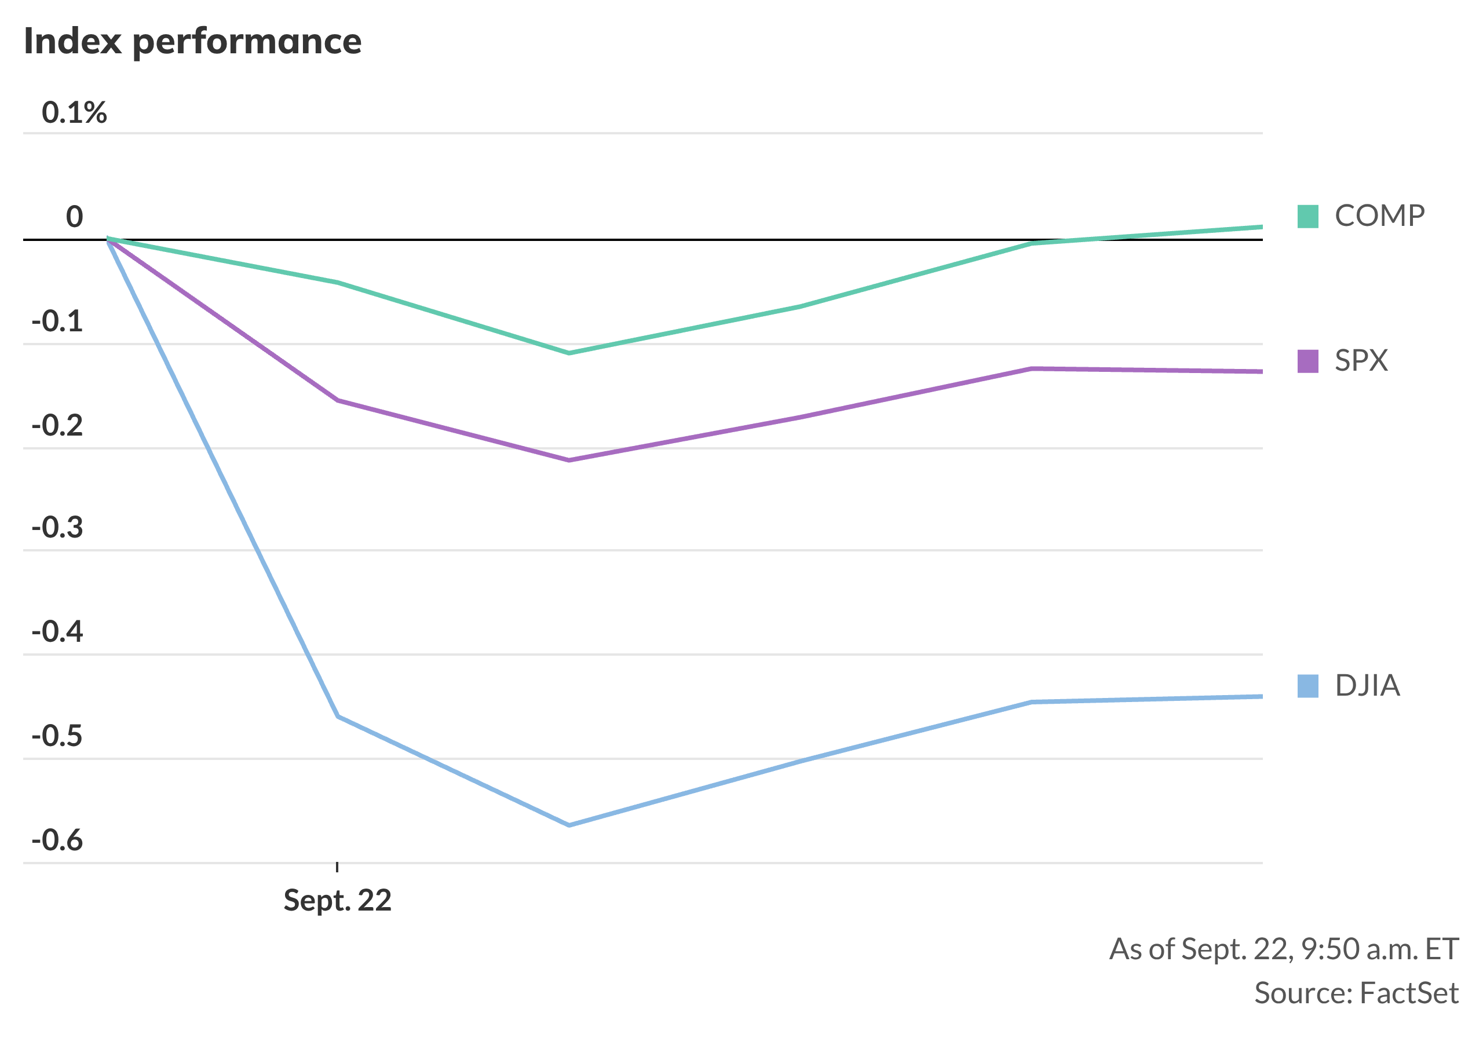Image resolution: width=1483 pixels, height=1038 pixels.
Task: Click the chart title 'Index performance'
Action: coord(192,41)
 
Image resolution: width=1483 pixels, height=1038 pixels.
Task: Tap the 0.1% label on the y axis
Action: coord(74,113)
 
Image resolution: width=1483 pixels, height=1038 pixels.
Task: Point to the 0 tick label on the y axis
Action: coord(74,217)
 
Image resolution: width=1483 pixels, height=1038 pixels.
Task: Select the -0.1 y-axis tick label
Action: coord(57,321)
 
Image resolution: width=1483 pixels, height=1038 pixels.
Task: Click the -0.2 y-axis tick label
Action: coord(57,426)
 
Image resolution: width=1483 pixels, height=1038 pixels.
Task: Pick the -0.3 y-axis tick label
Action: coord(57,528)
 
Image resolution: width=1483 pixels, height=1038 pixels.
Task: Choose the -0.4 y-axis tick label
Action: coord(57,632)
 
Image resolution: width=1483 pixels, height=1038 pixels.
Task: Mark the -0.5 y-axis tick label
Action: coord(57,736)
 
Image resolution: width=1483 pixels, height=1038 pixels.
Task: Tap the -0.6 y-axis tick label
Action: coord(57,840)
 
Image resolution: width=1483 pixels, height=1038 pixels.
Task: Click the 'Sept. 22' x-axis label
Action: coord(337,900)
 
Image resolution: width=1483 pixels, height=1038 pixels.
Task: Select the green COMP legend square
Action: coord(1307,217)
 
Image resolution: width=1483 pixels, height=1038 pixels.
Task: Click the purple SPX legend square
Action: coord(1307,361)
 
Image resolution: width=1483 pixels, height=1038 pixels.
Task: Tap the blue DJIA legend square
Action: coord(1307,686)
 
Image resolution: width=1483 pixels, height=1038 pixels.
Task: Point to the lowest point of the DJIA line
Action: coord(568,825)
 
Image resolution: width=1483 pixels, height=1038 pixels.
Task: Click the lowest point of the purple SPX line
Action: coord(568,460)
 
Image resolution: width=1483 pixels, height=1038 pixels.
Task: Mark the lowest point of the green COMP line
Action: coord(568,353)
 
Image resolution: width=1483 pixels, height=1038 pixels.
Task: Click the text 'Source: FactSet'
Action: coord(1356,993)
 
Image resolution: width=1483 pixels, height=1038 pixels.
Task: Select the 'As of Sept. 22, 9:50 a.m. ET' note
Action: coord(1283,949)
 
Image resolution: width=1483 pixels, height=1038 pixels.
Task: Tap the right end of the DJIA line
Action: coord(1261,696)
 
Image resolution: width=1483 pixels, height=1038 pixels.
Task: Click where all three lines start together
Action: coord(108,240)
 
